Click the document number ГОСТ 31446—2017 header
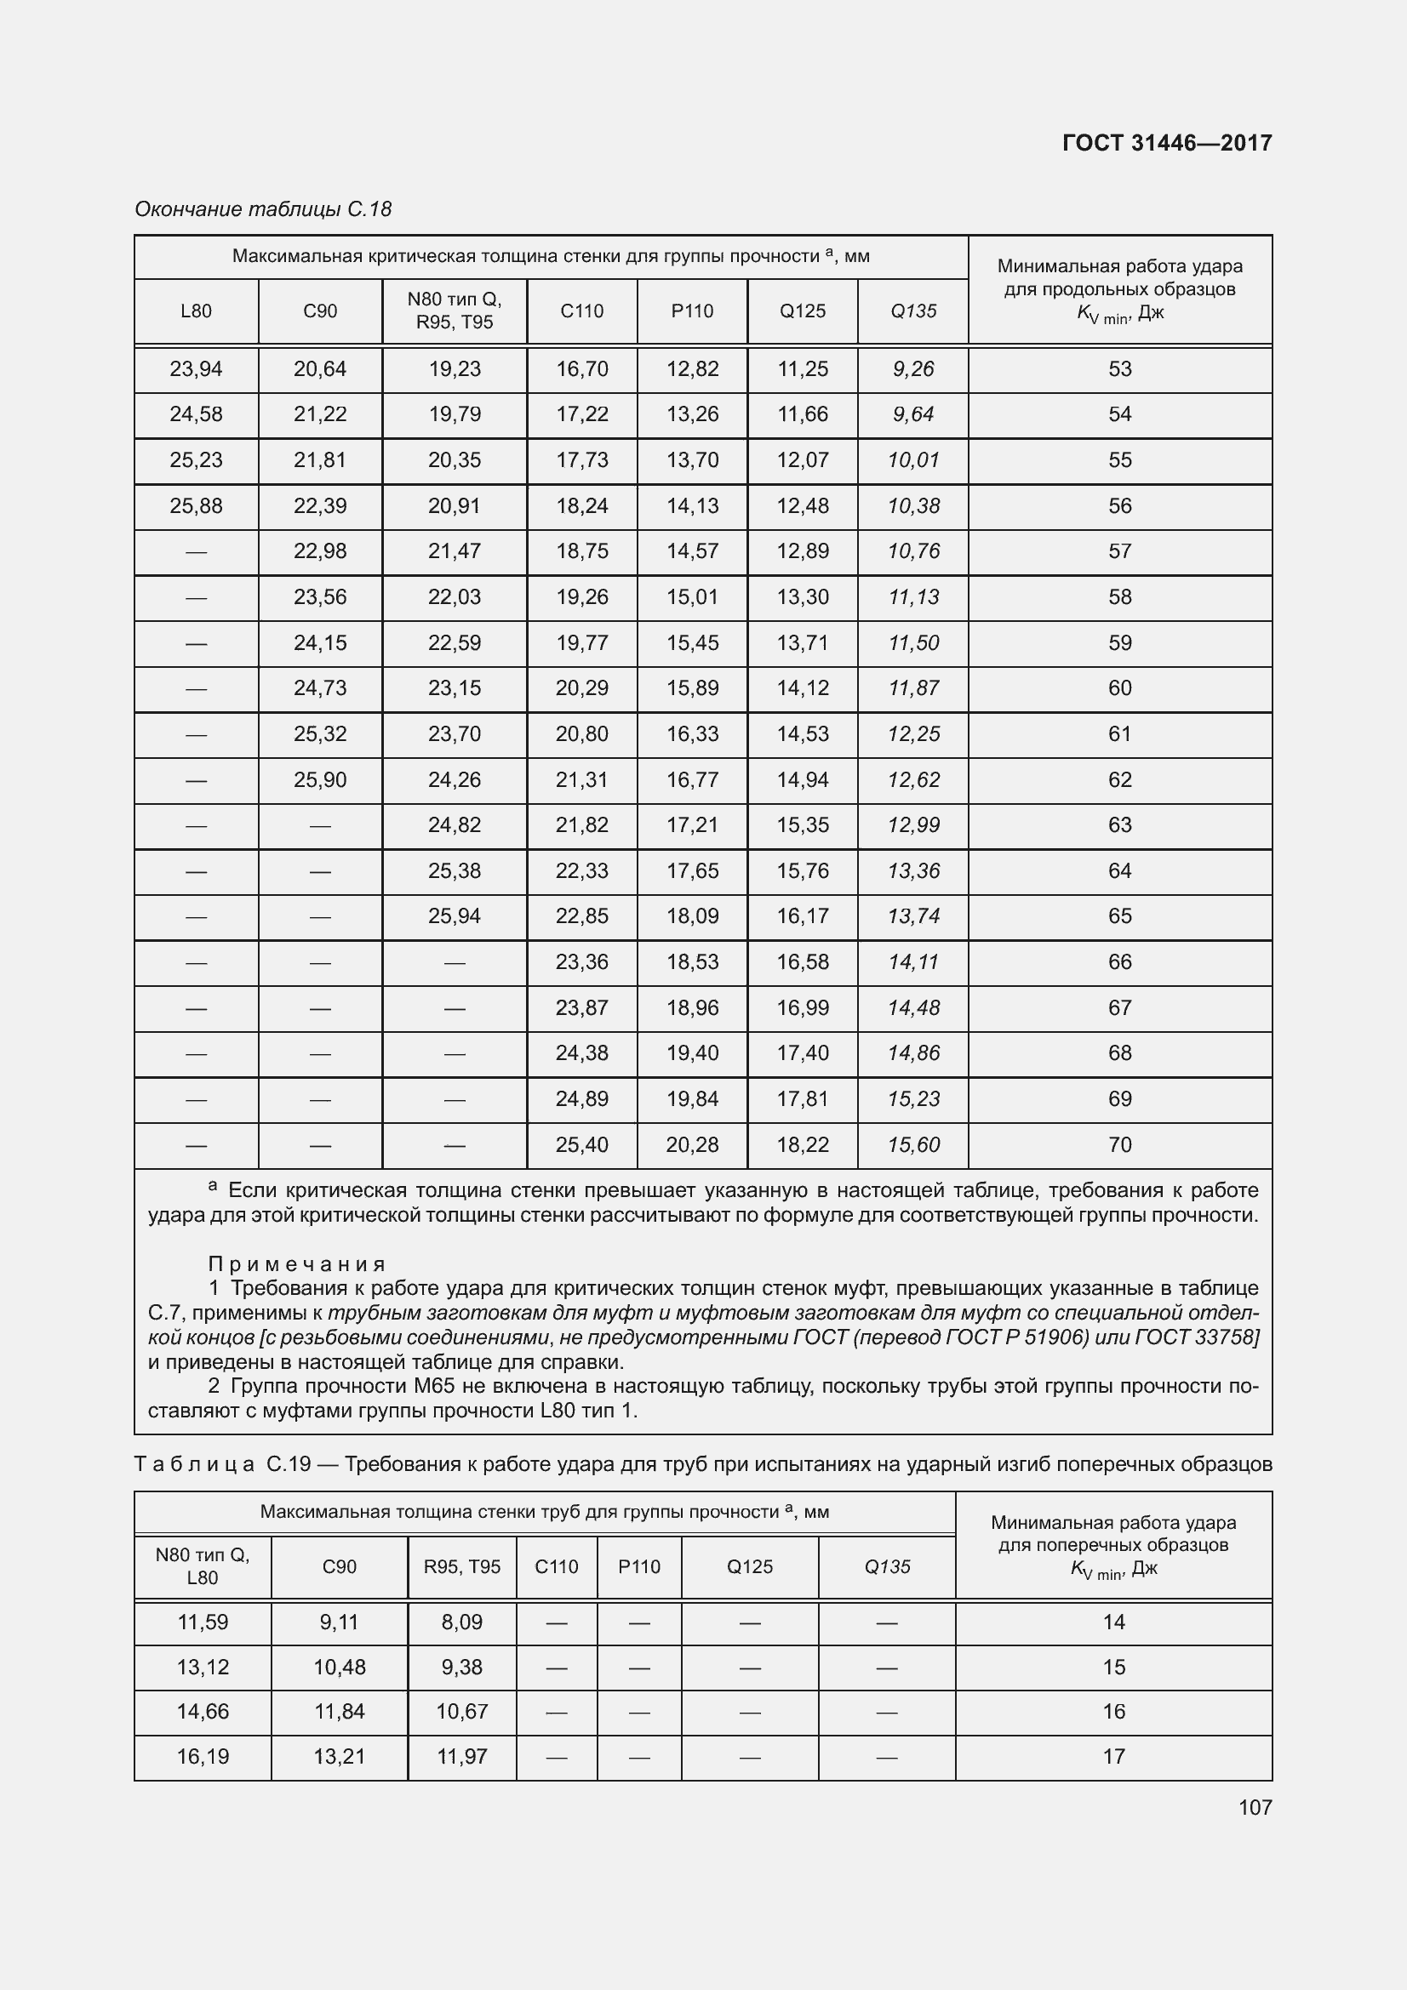[1166, 143]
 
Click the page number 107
[1255, 1806]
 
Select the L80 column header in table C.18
[196, 311]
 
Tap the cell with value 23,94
[196, 369]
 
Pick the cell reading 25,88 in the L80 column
[196, 506]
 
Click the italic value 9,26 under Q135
[912, 369]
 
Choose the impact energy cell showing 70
[1119, 1145]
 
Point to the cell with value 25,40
[581, 1145]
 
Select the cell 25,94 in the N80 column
[455, 916]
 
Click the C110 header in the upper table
[581, 311]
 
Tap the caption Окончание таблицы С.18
[263, 209]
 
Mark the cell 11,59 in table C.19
[202, 1622]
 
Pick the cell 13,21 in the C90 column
[339, 1756]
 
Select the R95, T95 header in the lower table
[462, 1566]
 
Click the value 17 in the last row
[1113, 1756]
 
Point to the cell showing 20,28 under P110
[692, 1145]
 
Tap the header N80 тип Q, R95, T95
[455, 311]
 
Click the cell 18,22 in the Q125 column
[802, 1145]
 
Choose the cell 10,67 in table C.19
[462, 1711]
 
